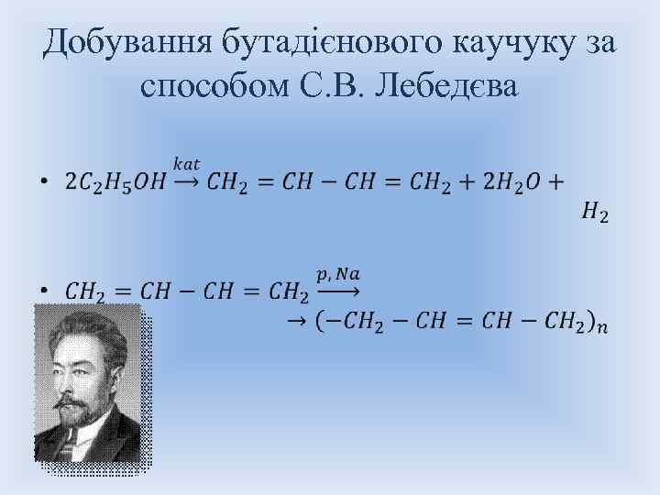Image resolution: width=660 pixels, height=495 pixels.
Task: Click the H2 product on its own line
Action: (594, 213)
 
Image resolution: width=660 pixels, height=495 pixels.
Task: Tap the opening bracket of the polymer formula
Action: (317, 321)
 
